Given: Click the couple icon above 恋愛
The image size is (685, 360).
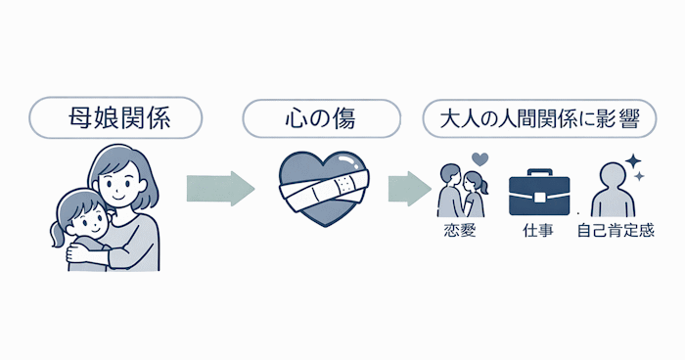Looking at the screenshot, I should coord(461,191).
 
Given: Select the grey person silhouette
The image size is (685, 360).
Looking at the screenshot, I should coord(615,191).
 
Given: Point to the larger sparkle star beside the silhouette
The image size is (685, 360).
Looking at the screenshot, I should coord(633,159).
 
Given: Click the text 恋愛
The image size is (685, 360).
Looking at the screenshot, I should coord(459,233).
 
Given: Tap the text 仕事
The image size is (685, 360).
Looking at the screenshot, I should coord(538,233).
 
